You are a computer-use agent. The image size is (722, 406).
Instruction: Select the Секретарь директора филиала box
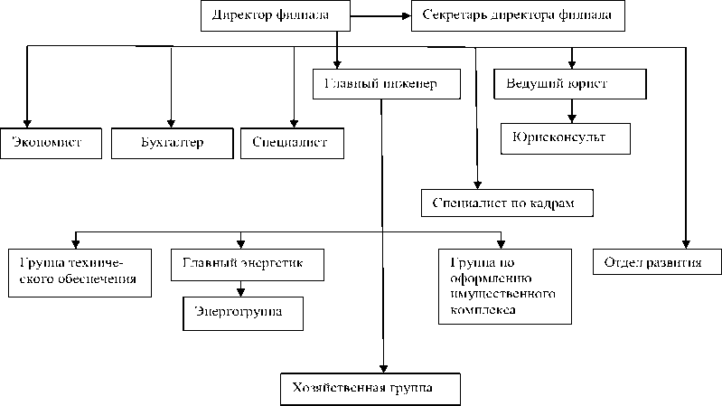click(518, 15)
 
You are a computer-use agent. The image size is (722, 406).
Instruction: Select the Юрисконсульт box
click(565, 137)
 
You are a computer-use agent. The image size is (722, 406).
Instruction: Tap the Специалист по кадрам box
click(509, 203)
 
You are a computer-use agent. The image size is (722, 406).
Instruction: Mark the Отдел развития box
click(659, 262)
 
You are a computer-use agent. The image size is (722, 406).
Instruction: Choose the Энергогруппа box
click(242, 312)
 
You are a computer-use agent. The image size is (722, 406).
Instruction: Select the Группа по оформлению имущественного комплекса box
click(503, 285)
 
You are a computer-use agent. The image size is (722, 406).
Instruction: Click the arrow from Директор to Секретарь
click(380, 15)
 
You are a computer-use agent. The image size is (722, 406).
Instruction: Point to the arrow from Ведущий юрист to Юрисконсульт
click(571, 110)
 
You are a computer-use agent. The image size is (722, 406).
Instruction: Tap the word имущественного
click(495, 294)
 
